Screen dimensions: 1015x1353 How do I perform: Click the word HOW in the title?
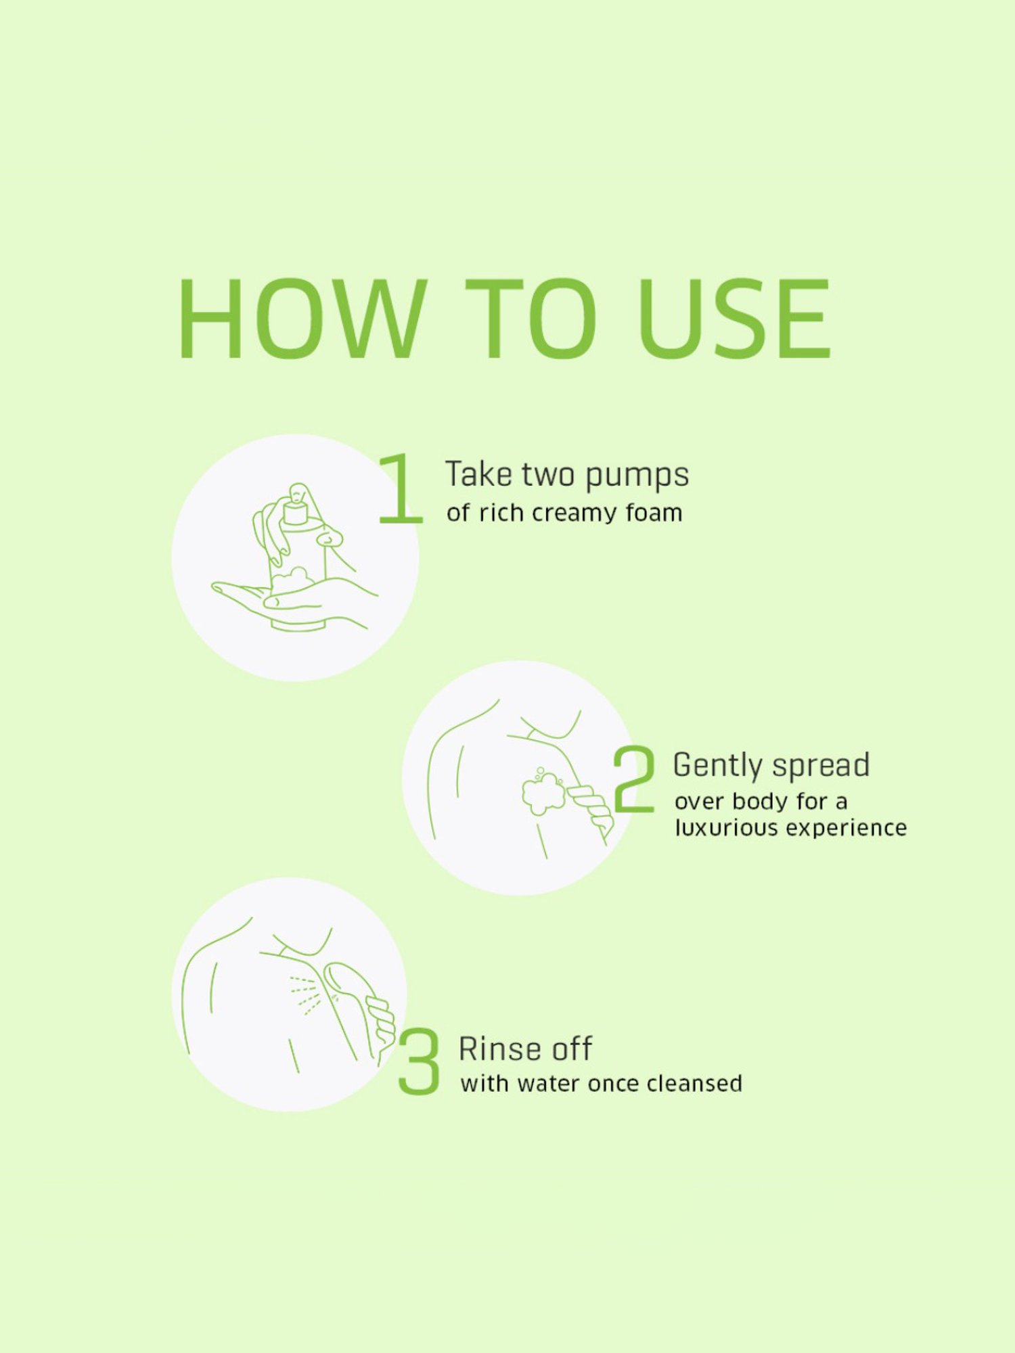coord(302,319)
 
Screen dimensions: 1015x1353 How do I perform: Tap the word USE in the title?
coord(734,319)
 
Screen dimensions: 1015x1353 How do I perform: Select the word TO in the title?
coord(531,319)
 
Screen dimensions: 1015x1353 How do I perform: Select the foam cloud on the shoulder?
coord(543,792)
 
